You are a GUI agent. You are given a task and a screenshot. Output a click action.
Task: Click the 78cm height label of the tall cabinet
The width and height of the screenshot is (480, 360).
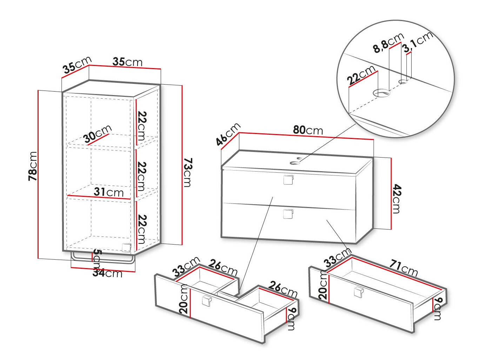(x=33, y=166)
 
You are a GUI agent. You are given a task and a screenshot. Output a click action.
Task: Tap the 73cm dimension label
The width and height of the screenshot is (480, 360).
(x=188, y=172)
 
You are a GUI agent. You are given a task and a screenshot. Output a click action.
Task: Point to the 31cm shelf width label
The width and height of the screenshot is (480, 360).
(x=108, y=192)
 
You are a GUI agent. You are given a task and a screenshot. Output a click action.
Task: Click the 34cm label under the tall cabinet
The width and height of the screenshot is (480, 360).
(x=107, y=273)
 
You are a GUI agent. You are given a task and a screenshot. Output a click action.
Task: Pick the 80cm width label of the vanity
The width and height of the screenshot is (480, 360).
(x=308, y=130)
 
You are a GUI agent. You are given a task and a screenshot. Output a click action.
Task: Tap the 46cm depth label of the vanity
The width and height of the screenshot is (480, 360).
(x=228, y=134)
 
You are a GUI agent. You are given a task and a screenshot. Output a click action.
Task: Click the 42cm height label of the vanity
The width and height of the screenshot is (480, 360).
(x=396, y=199)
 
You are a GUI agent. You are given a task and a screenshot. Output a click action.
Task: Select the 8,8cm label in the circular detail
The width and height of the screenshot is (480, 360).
(x=388, y=43)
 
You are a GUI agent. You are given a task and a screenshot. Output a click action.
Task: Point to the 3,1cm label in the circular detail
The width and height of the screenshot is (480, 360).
(x=417, y=42)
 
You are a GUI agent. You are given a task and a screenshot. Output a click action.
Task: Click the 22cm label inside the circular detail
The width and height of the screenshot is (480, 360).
(x=361, y=75)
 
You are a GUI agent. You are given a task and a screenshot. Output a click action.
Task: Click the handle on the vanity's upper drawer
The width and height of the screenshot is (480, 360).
(x=288, y=179)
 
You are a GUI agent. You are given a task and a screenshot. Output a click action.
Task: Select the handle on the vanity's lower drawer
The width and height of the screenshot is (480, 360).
(x=288, y=213)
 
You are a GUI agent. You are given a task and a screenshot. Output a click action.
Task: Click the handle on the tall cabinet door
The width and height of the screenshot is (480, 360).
(x=126, y=247)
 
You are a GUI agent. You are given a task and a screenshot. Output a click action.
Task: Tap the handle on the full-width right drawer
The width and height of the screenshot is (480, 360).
(x=358, y=292)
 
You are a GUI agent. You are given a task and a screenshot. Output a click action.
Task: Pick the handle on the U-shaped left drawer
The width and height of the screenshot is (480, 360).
(x=206, y=301)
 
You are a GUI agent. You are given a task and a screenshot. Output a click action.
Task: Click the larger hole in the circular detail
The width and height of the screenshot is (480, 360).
(x=381, y=93)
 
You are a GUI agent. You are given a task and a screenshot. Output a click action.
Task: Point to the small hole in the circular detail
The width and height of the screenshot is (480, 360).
(x=403, y=82)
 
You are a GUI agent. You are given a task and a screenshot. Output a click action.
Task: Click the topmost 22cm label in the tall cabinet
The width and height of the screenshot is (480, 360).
(x=141, y=126)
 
